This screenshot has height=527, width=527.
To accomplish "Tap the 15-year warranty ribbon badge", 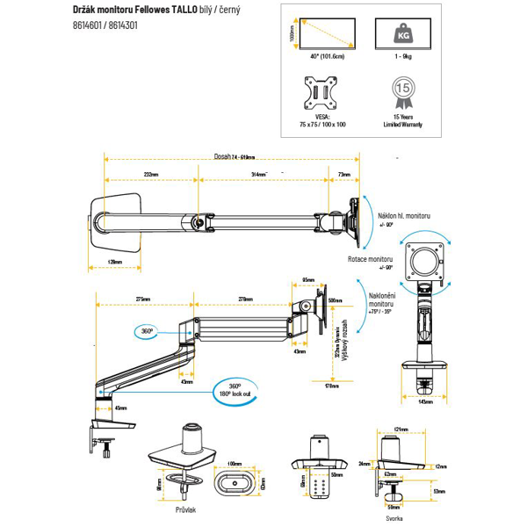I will [x=402, y=90].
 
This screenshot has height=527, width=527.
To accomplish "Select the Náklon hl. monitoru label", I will [x=405, y=215].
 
